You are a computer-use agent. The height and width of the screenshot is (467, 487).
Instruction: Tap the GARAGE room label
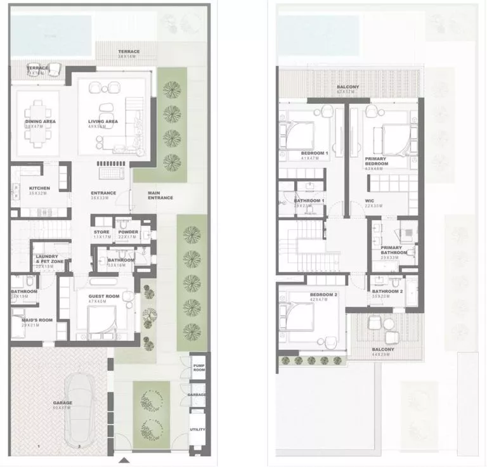tap(62, 403)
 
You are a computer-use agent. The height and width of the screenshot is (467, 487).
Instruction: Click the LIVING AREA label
tap(103, 122)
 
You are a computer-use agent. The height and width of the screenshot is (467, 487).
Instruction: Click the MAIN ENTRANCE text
tap(160, 195)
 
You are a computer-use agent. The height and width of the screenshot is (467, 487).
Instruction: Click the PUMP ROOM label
tap(198, 365)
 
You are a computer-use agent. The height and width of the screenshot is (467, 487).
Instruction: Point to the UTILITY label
tap(198, 430)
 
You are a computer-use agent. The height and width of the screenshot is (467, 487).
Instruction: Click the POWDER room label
tap(129, 232)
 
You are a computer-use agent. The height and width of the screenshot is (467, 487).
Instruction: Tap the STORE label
tap(101, 232)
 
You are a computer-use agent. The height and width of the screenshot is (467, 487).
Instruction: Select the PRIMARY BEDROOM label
tap(376, 162)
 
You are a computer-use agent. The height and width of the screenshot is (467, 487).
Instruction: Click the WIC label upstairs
tap(370, 202)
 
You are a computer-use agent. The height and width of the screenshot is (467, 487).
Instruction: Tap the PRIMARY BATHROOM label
tap(391, 250)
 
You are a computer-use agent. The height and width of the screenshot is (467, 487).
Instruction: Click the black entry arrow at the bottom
tap(125, 460)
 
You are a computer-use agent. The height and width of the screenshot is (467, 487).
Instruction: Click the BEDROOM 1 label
tap(315, 153)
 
